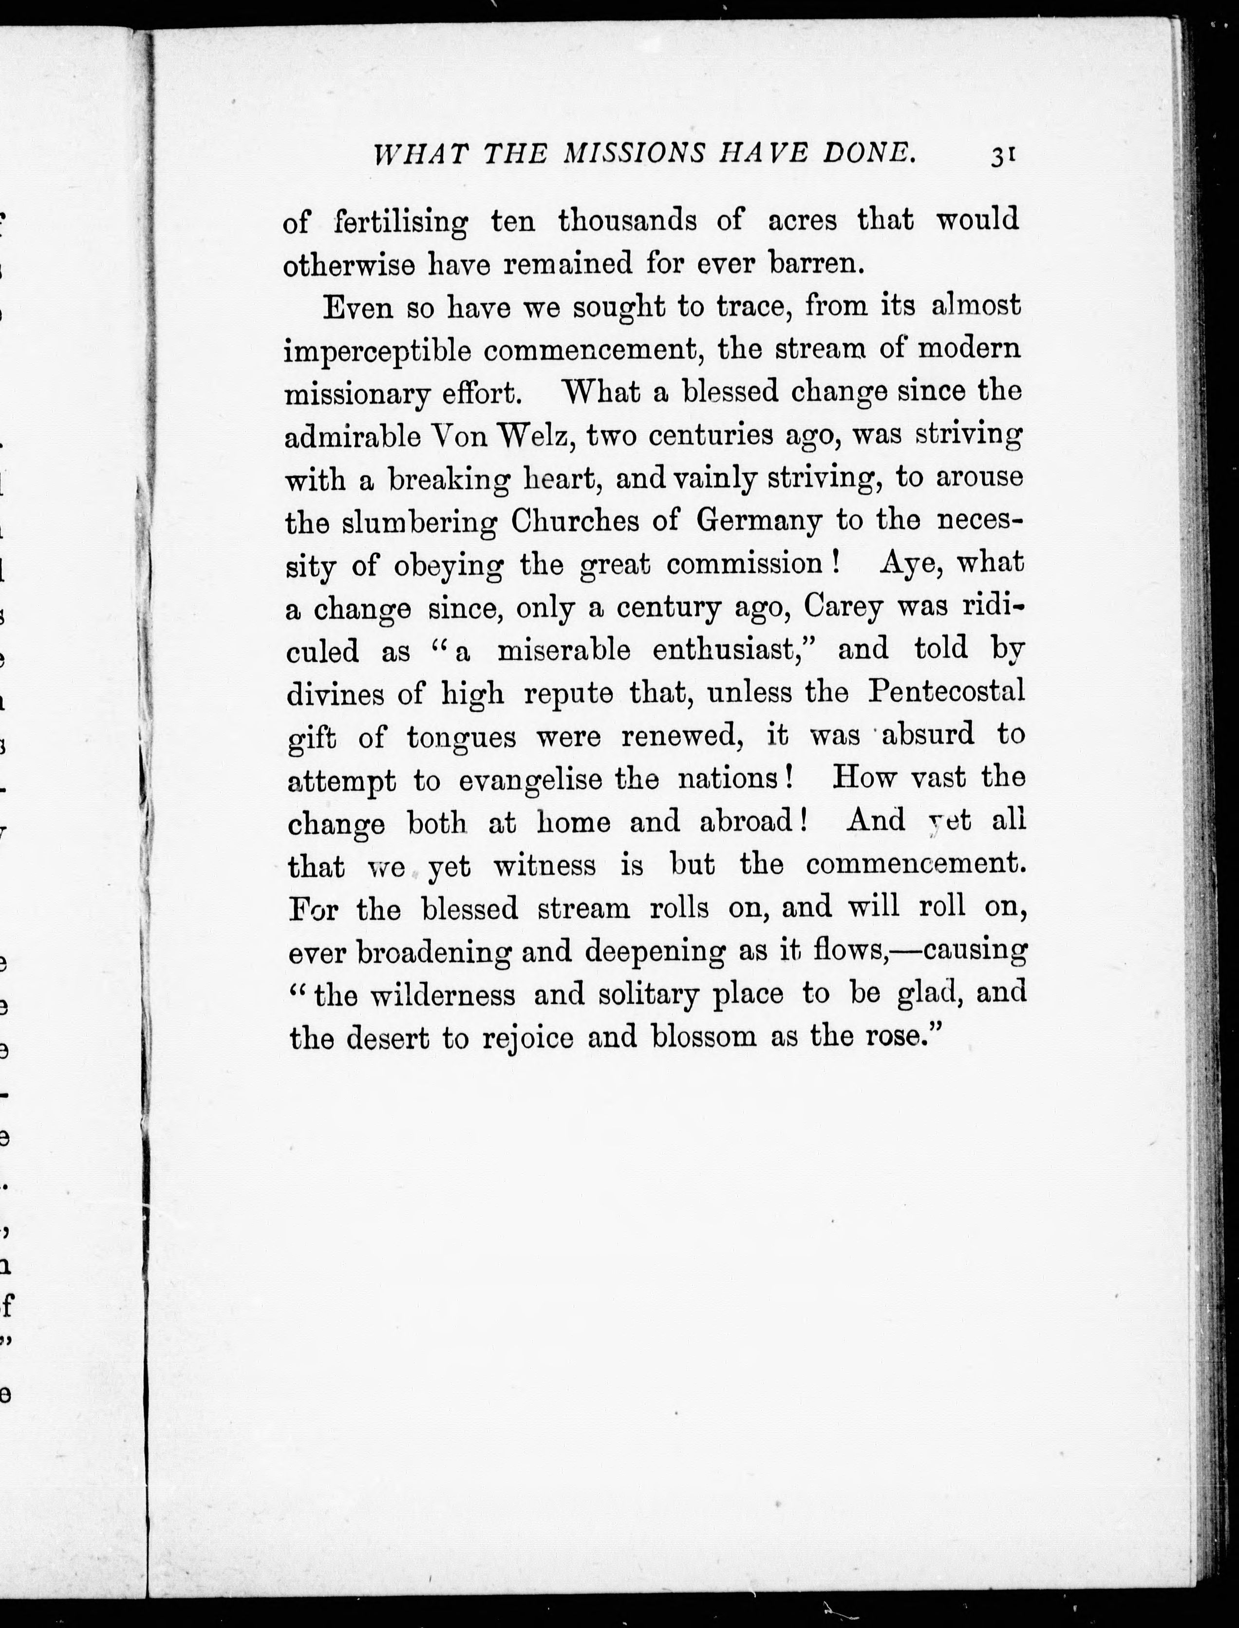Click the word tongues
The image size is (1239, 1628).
tap(461, 736)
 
